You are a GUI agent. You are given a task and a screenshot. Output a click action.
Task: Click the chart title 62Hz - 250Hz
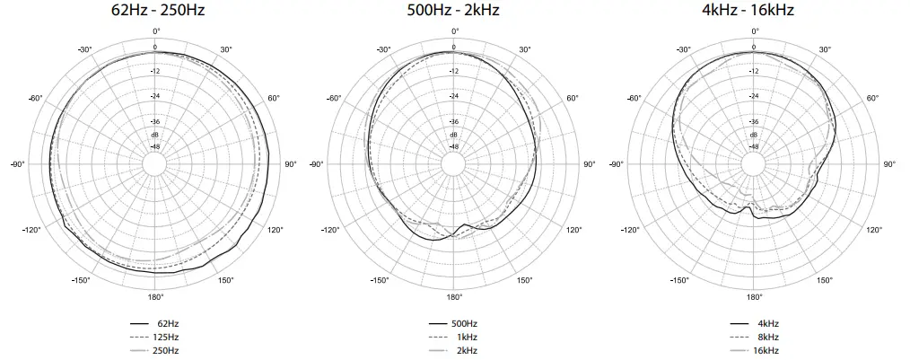point(154,11)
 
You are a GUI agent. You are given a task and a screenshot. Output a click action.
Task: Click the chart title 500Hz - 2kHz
point(454,11)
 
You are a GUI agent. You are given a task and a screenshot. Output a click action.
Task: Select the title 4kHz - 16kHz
point(754,11)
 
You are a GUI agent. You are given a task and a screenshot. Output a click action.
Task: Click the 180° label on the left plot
point(154,297)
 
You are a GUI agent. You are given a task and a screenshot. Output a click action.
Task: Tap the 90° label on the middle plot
point(590,164)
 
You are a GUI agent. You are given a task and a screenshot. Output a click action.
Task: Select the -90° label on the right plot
point(616,164)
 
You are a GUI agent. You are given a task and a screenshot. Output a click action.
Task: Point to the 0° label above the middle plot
point(454,32)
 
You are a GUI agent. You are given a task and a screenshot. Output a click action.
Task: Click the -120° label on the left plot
point(32,231)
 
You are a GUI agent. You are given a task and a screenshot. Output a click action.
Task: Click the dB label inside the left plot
point(154,134)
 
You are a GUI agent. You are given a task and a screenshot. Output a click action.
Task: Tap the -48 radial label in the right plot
point(754,146)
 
